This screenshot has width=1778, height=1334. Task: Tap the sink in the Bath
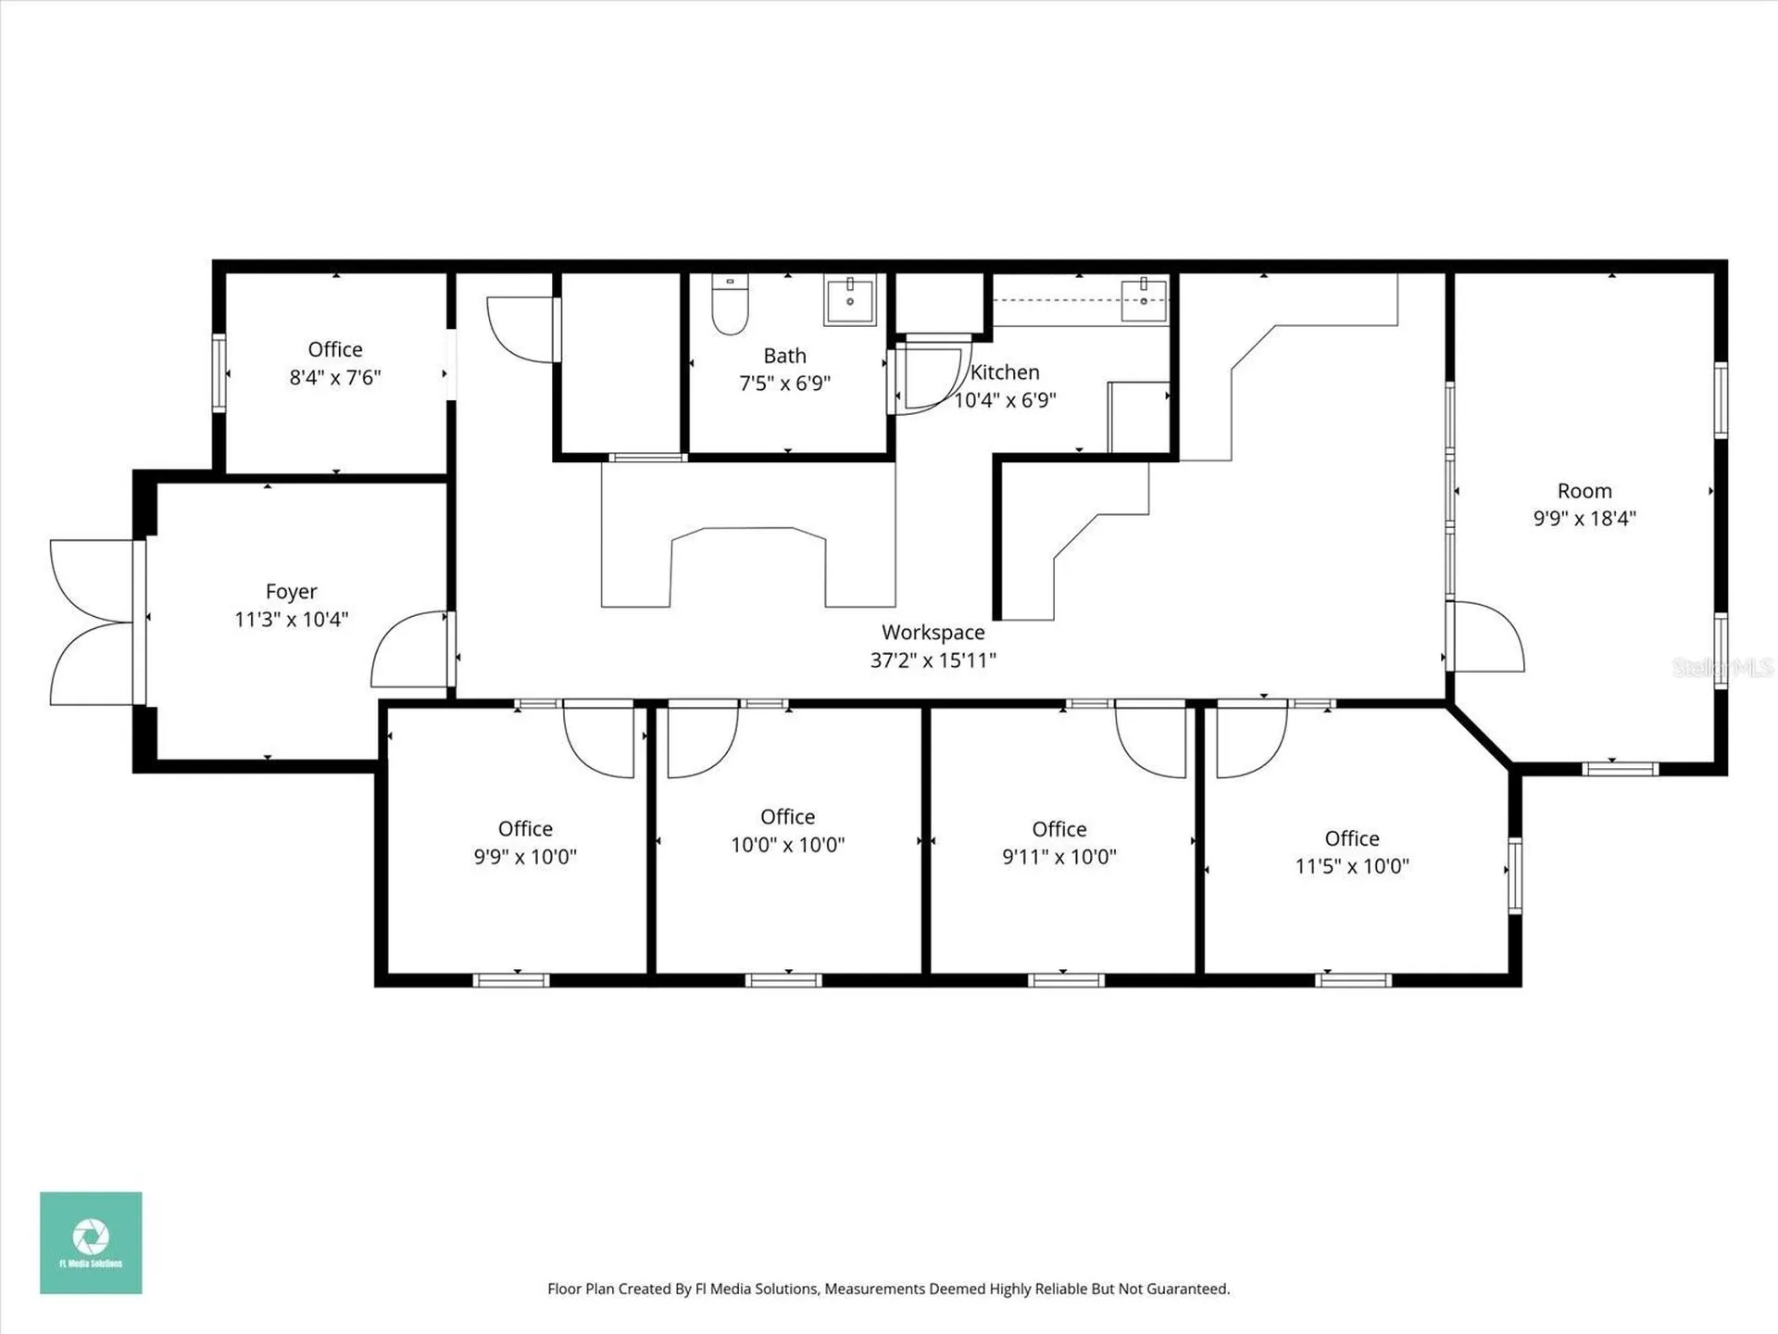pyautogui.click(x=849, y=300)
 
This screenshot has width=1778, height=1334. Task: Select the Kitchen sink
pyautogui.click(x=1144, y=299)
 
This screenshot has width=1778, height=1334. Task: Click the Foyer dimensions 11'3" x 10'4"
pyautogui.click(x=291, y=620)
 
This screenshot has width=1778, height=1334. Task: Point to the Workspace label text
pyautogui.click(x=933, y=632)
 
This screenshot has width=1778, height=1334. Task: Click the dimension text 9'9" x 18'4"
pyautogui.click(x=1584, y=519)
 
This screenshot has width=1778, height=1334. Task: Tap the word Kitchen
pyautogui.click(x=1005, y=372)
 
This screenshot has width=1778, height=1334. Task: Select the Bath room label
pyautogui.click(x=784, y=356)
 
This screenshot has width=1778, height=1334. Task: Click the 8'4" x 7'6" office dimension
pyautogui.click(x=335, y=378)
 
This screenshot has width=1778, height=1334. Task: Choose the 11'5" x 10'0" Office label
pyautogui.click(x=1351, y=838)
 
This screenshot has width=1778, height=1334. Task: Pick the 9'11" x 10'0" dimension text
pyautogui.click(x=1058, y=857)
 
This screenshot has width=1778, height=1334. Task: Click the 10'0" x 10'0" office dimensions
pyautogui.click(x=787, y=845)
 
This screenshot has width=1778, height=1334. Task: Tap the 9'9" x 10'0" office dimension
pyautogui.click(x=525, y=857)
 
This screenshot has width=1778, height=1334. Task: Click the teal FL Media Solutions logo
pyautogui.click(x=91, y=1242)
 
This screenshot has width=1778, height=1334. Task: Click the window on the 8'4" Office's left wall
pyautogui.click(x=219, y=372)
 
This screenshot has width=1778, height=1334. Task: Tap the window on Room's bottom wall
pyautogui.click(x=1619, y=768)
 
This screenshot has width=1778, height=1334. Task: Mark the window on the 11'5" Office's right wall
pyautogui.click(x=1515, y=875)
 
